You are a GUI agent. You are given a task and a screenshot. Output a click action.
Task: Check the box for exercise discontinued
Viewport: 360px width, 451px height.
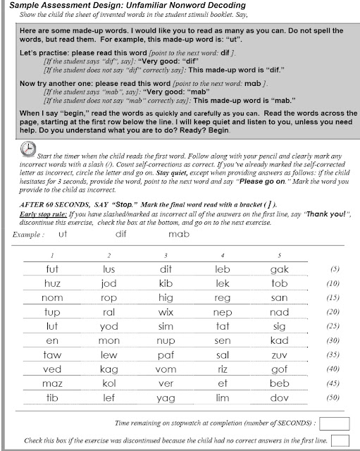coord(340,440)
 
